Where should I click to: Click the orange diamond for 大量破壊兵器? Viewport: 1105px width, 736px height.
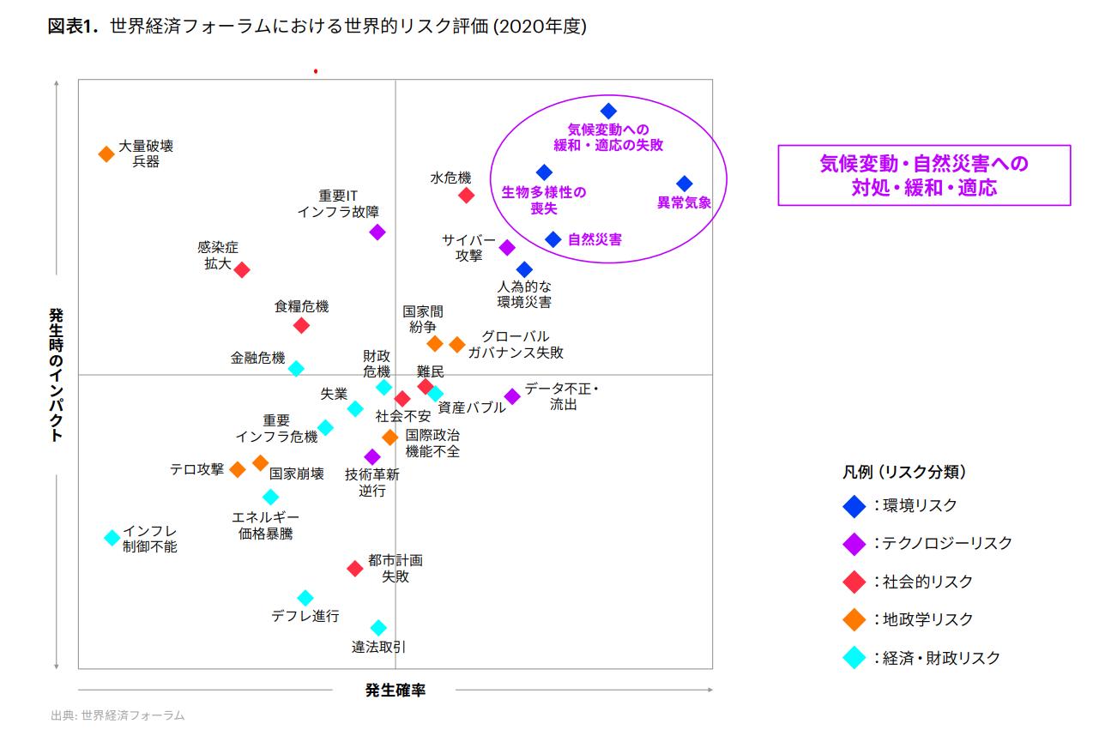(106, 154)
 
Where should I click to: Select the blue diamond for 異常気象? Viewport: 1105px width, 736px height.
(684, 184)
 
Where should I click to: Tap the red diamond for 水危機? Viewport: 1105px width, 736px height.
(466, 196)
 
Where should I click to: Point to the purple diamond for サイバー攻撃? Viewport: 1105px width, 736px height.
(507, 248)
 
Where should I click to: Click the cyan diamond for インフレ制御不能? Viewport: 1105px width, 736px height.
(112, 538)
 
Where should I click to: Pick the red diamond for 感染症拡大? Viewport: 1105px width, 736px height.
(242, 270)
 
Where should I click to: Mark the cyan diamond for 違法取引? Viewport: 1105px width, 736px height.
(378, 628)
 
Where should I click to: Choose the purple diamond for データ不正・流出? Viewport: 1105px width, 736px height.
(512, 396)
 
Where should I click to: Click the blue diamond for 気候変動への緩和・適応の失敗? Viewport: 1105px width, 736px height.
(608, 111)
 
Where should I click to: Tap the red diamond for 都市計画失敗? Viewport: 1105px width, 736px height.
(355, 569)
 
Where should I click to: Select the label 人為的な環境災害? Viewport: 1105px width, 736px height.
(524, 293)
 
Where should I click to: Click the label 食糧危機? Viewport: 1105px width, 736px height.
(301, 306)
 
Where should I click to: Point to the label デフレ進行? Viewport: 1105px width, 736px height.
(305, 616)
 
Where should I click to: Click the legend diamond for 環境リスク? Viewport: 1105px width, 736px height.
(854, 506)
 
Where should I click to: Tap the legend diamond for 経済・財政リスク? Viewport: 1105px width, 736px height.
(854, 658)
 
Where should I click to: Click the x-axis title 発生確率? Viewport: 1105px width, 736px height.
(395, 690)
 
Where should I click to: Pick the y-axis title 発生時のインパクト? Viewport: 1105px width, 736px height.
(56, 375)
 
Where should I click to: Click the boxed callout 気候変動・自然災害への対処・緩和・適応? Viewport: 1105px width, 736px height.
(924, 176)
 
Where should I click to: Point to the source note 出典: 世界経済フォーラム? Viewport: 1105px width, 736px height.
(118, 715)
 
